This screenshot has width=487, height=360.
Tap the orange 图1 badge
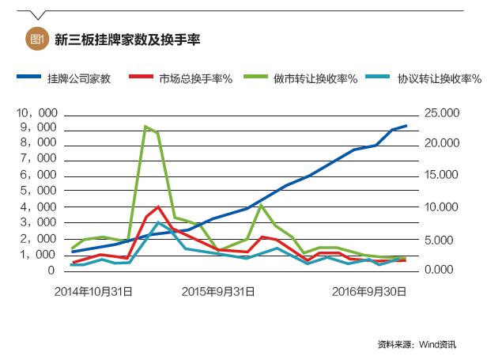click(x=36, y=38)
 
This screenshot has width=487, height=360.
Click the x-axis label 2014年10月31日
click(x=92, y=291)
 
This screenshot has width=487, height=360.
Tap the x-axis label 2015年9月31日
click(x=218, y=291)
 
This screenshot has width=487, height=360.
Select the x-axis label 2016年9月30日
click(x=369, y=291)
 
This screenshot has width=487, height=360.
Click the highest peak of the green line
click(x=145, y=127)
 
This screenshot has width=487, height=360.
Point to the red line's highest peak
click(x=159, y=207)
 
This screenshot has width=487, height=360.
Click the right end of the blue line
click(x=406, y=126)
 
